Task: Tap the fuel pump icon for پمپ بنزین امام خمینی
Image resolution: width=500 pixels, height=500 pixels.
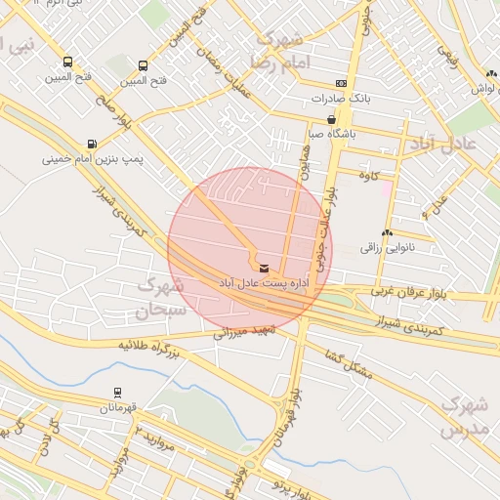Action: point(92,143)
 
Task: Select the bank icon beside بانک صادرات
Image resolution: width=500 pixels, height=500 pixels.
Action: point(340,84)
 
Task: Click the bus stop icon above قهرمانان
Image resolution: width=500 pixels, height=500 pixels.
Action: point(118,393)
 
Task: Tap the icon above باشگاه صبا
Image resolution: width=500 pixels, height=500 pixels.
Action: point(332,119)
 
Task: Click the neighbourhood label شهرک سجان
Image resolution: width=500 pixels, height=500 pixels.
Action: point(161,300)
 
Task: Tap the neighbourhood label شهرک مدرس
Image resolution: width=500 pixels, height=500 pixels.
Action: point(462,416)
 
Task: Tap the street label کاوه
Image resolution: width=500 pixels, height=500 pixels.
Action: point(369,176)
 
